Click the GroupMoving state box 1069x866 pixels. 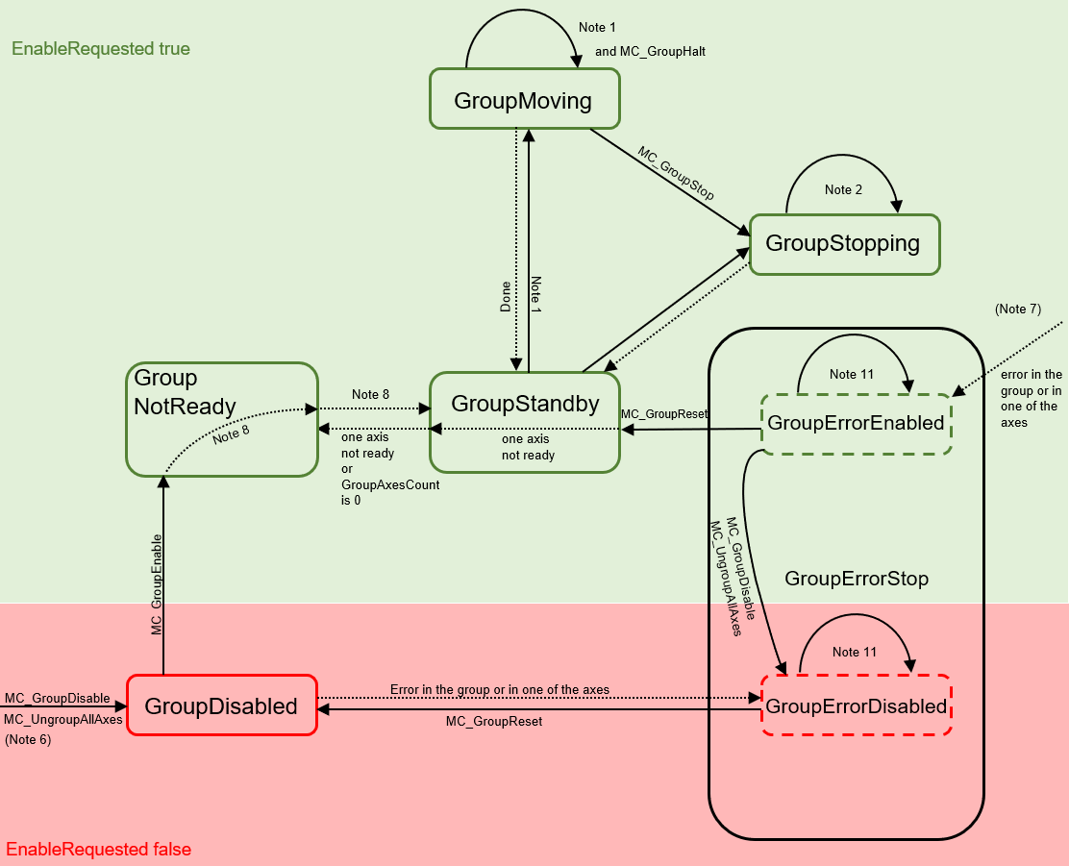[523, 99]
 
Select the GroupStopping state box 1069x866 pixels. [843, 243]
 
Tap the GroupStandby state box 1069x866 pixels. [524, 404]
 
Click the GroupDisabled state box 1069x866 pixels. [221, 706]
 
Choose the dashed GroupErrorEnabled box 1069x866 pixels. [856, 423]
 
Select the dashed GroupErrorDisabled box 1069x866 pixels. [856, 706]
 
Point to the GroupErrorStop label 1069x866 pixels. [857, 579]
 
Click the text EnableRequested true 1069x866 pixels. [101, 48]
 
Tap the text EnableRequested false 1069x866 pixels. [99, 850]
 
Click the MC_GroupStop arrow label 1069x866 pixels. [676, 174]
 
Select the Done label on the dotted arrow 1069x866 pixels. [506, 296]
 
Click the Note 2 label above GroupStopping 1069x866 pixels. [843, 189]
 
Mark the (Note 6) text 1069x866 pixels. [28, 740]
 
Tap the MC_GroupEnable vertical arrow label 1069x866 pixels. [156, 584]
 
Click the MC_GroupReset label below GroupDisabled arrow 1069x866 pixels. [494, 721]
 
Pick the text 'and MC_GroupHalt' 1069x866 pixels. [650, 51]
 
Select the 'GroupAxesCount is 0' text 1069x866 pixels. [390, 492]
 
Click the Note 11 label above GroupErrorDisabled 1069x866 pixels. [854, 652]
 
